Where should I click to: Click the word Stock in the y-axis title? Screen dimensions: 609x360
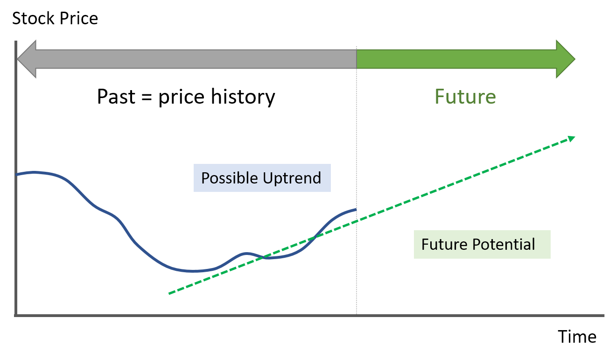33,19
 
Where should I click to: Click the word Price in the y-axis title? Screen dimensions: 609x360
79,19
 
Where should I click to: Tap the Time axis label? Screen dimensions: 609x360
577,337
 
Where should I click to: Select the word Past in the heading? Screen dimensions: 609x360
116,97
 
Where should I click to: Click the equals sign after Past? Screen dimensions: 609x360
147,97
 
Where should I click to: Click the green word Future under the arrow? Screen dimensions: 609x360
465,97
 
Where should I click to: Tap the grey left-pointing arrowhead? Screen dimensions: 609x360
27,59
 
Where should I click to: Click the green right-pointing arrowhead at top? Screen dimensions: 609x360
566,59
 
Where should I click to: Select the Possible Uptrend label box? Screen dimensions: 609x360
262,178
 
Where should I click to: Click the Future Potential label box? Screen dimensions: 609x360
482,244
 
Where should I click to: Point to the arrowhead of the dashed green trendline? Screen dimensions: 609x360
572,139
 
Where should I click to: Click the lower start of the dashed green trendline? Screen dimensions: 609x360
169,294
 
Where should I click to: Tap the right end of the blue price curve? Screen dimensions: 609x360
356,210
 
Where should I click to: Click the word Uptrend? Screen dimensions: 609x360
292,178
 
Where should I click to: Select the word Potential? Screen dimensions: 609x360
504,244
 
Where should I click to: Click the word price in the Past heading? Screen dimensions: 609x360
182,98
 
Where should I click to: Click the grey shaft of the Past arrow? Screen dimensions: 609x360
196,59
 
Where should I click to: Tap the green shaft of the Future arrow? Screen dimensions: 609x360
456,59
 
